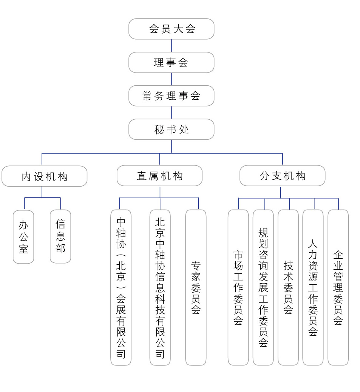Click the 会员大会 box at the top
point(172,29)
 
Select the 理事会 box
point(172,62)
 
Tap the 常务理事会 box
point(172,96)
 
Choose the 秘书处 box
point(172,129)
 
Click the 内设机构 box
point(45,176)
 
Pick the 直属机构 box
point(159,176)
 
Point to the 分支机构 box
point(283,176)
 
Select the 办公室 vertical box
point(23,237)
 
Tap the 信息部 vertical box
point(60,236)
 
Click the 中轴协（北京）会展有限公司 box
point(121,287)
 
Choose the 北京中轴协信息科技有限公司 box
point(160,287)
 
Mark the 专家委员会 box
point(196,287)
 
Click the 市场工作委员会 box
point(238,287)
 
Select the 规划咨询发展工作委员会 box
point(263,287)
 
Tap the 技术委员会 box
point(288,287)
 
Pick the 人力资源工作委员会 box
point(313,287)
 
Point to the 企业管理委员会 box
point(338,287)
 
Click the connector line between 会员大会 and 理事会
point(172,45)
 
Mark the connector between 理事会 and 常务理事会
point(172,79)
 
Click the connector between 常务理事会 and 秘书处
point(172,113)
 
